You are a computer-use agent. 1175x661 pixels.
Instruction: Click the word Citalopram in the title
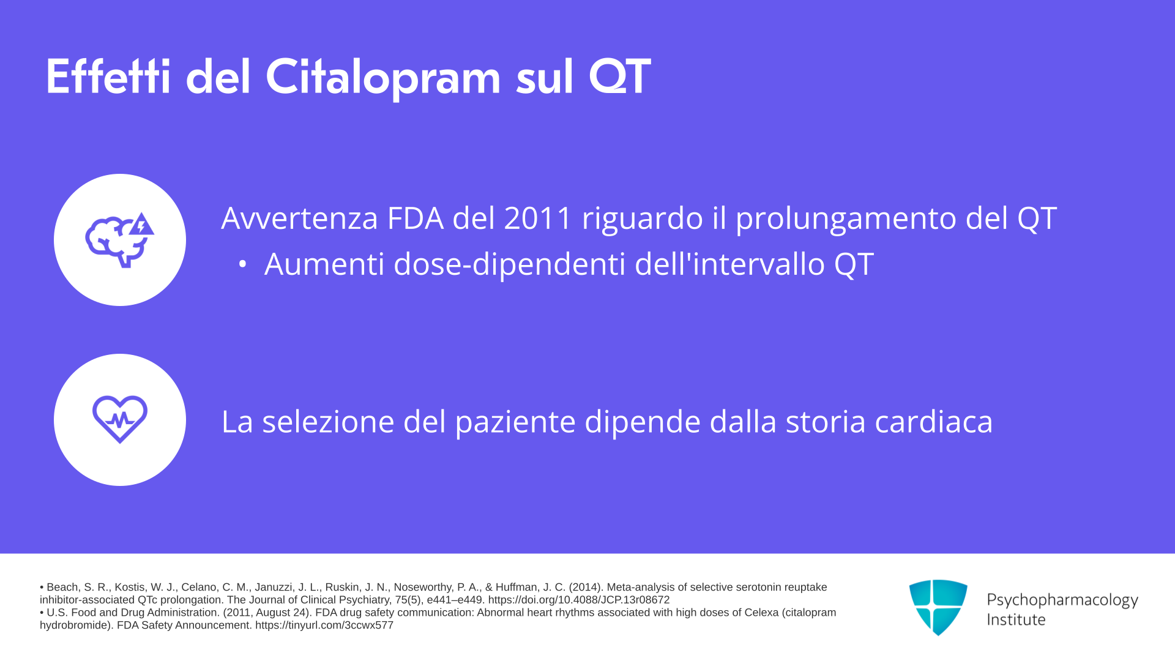tap(383, 78)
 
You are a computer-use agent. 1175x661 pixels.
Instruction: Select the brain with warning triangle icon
tap(120, 240)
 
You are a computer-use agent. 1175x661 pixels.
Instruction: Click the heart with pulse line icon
tap(120, 419)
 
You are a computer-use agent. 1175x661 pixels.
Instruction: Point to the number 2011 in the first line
tap(538, 218)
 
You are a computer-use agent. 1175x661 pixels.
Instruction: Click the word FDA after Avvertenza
tap(416, 218)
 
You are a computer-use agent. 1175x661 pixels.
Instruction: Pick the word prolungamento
tap(846, 219)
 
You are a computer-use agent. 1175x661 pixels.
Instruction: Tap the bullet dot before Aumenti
tap(242, 264)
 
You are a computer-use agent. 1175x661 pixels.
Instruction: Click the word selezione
tap(328, 422)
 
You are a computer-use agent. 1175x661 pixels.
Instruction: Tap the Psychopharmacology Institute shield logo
tap(938, 607)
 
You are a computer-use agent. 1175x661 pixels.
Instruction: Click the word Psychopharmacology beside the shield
tap(1062, 600)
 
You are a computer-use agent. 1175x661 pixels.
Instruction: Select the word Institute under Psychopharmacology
tap(1016, 620)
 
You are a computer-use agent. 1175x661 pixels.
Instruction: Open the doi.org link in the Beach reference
tap(579, 600)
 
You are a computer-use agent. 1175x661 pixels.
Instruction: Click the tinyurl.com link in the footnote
tap(324, 626)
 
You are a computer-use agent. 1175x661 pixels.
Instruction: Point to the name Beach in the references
tap(62, 588)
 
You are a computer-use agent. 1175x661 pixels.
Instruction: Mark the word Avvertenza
tap(300, 218)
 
